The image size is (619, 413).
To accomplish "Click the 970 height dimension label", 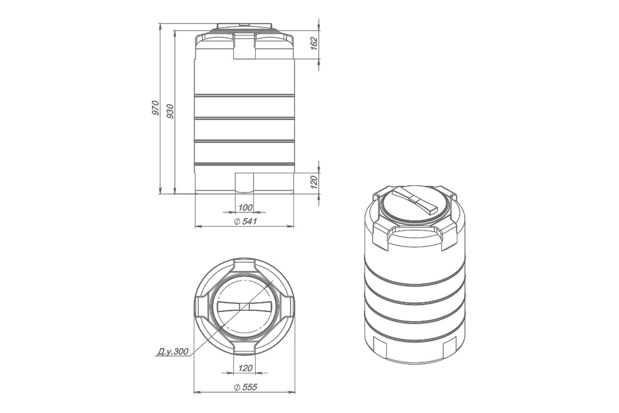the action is tap(155, 108).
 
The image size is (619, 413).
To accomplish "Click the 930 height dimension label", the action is tap(170, 111).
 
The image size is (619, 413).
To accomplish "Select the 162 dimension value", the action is tap(314, 43).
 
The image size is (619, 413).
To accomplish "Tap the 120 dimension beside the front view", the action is tap(314, 182).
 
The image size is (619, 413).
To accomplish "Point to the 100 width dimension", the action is tap(245, 207).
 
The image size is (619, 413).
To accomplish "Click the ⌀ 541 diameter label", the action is tap(245, 221).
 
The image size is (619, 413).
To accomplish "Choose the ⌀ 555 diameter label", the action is tap(245, 387).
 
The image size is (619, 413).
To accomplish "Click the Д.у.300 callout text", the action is tap(173, 352).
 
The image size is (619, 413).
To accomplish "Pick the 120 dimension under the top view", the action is tap(245, 368).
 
